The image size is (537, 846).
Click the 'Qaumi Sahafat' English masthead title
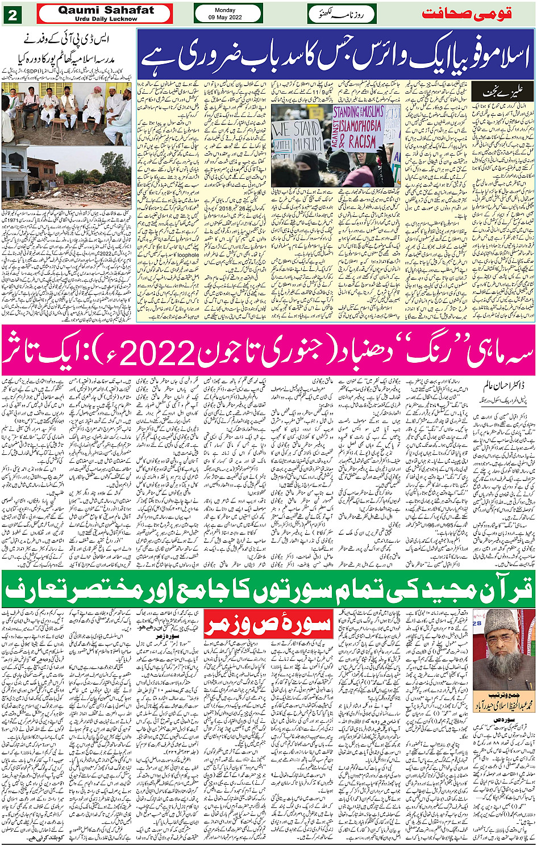pos(106,10)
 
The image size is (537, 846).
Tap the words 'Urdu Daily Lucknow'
pos(106,19)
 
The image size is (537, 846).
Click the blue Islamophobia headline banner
pos(335,56)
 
